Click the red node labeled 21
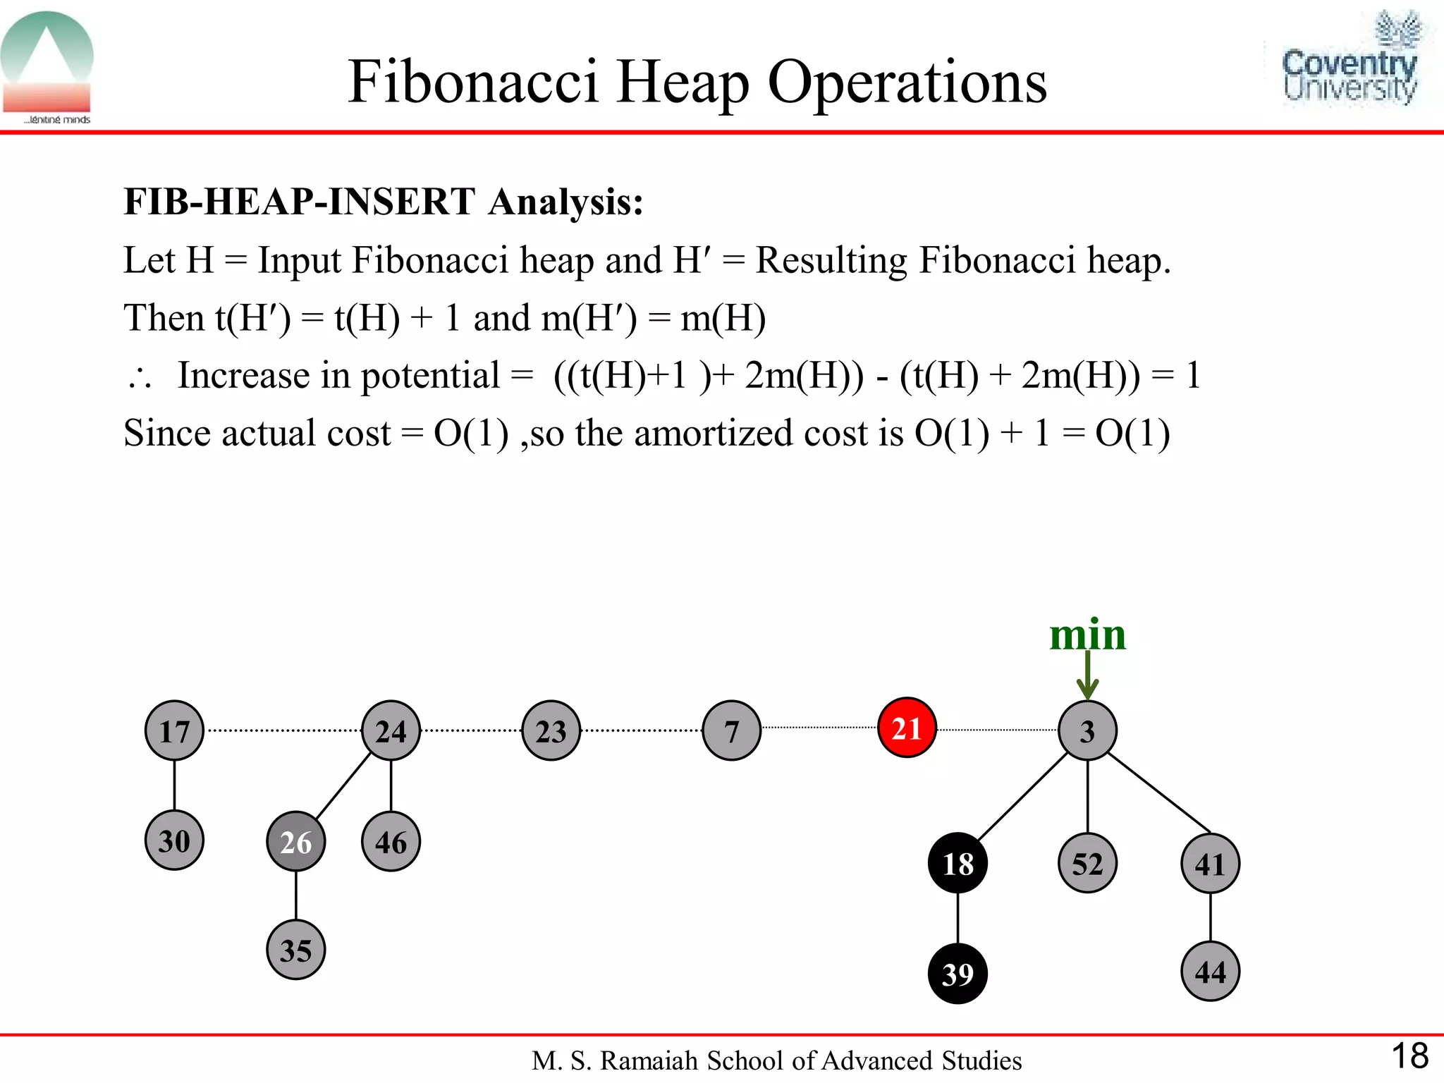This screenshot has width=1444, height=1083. pyautogui.click(x=907, y=728)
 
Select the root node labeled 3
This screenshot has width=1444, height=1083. pyautogui.click(x=1087, y=730)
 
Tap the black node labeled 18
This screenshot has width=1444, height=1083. pyautogui.click(x=957, y=864)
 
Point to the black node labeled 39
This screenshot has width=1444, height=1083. pyautogui.click(x=957, y=974)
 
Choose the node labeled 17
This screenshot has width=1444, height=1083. pyautogui.click(x=174, y=730)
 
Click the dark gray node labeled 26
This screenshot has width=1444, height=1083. pyautogui.click(x=296, y=841)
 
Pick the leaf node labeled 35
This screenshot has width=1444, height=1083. pyautogui.click(x=296, y=950)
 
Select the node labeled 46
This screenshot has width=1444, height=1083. pyautogui.click(x=391, y=841)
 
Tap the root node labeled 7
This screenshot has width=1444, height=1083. pyautogui.click(x=732, y=730)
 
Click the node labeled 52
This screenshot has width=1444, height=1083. pyautogui.click(x=1087, y=864)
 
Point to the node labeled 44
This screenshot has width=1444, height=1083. pyautogui.click(x=1210, y=972)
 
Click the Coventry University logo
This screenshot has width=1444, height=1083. pyautogui.click(x=1350, y=63)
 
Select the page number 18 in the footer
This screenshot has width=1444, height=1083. pyautogui.click(x=1409, y=1056)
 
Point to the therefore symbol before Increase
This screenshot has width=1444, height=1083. pyautogui.click(x=140, y=378)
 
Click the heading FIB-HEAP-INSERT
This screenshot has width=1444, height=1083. pyautogui.click(x=299, y=202)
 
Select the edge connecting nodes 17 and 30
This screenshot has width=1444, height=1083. pyautogui.click(x=174, y=785)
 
